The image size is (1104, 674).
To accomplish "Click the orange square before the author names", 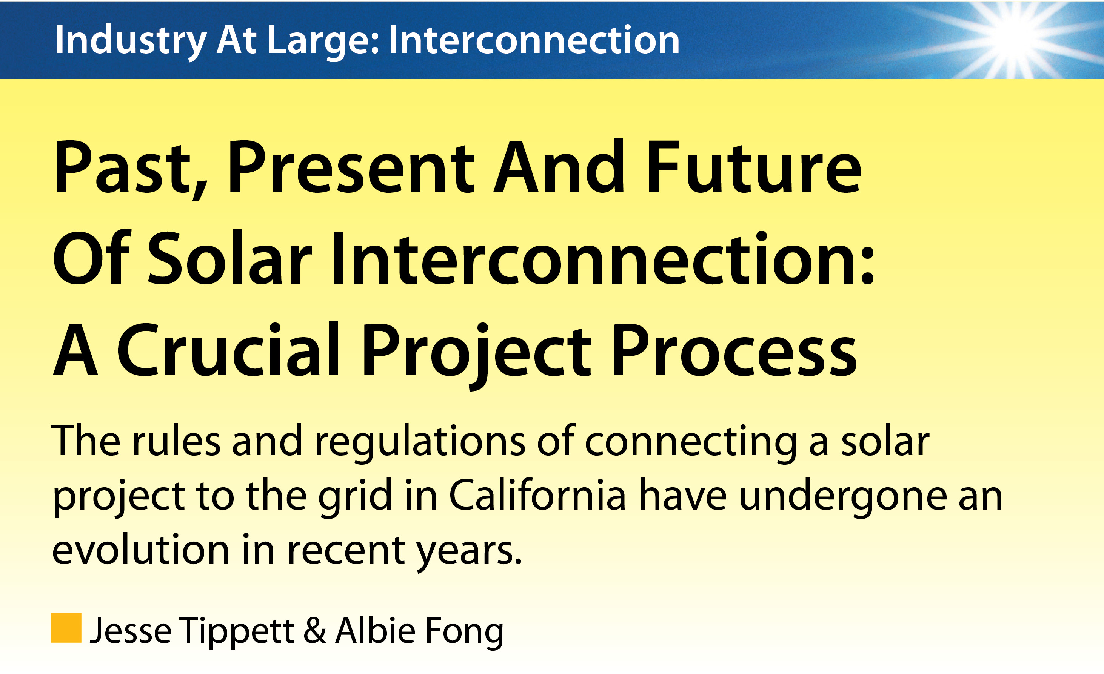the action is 66,628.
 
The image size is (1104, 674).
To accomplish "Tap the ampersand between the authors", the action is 315,631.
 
